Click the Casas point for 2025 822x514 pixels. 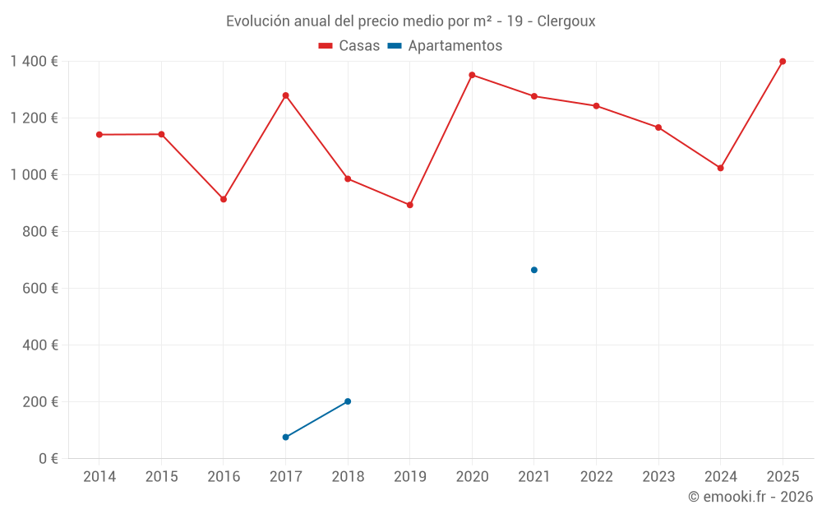coord(783,62)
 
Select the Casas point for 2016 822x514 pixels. coord(224,199)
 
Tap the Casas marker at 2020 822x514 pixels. coord(472,75)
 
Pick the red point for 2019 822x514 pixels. coord(410,205)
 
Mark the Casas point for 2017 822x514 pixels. coord(285,95)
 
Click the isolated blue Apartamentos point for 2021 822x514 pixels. coord(534,270)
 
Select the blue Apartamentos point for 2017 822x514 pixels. coord(285,437)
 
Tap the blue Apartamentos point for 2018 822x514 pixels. coord(348,401)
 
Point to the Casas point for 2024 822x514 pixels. coord(720,168)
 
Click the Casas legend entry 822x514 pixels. coord(349,46)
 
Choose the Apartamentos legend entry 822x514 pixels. coord(445,46)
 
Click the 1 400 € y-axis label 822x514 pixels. coord(34,62)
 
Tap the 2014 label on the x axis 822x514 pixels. coord(99,477)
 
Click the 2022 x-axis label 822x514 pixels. coord(596,477)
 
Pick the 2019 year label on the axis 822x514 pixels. coord(410,477)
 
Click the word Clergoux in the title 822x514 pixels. coord(566,21)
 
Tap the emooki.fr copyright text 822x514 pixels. coord(750,497)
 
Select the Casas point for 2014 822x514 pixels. coord(99,134)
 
